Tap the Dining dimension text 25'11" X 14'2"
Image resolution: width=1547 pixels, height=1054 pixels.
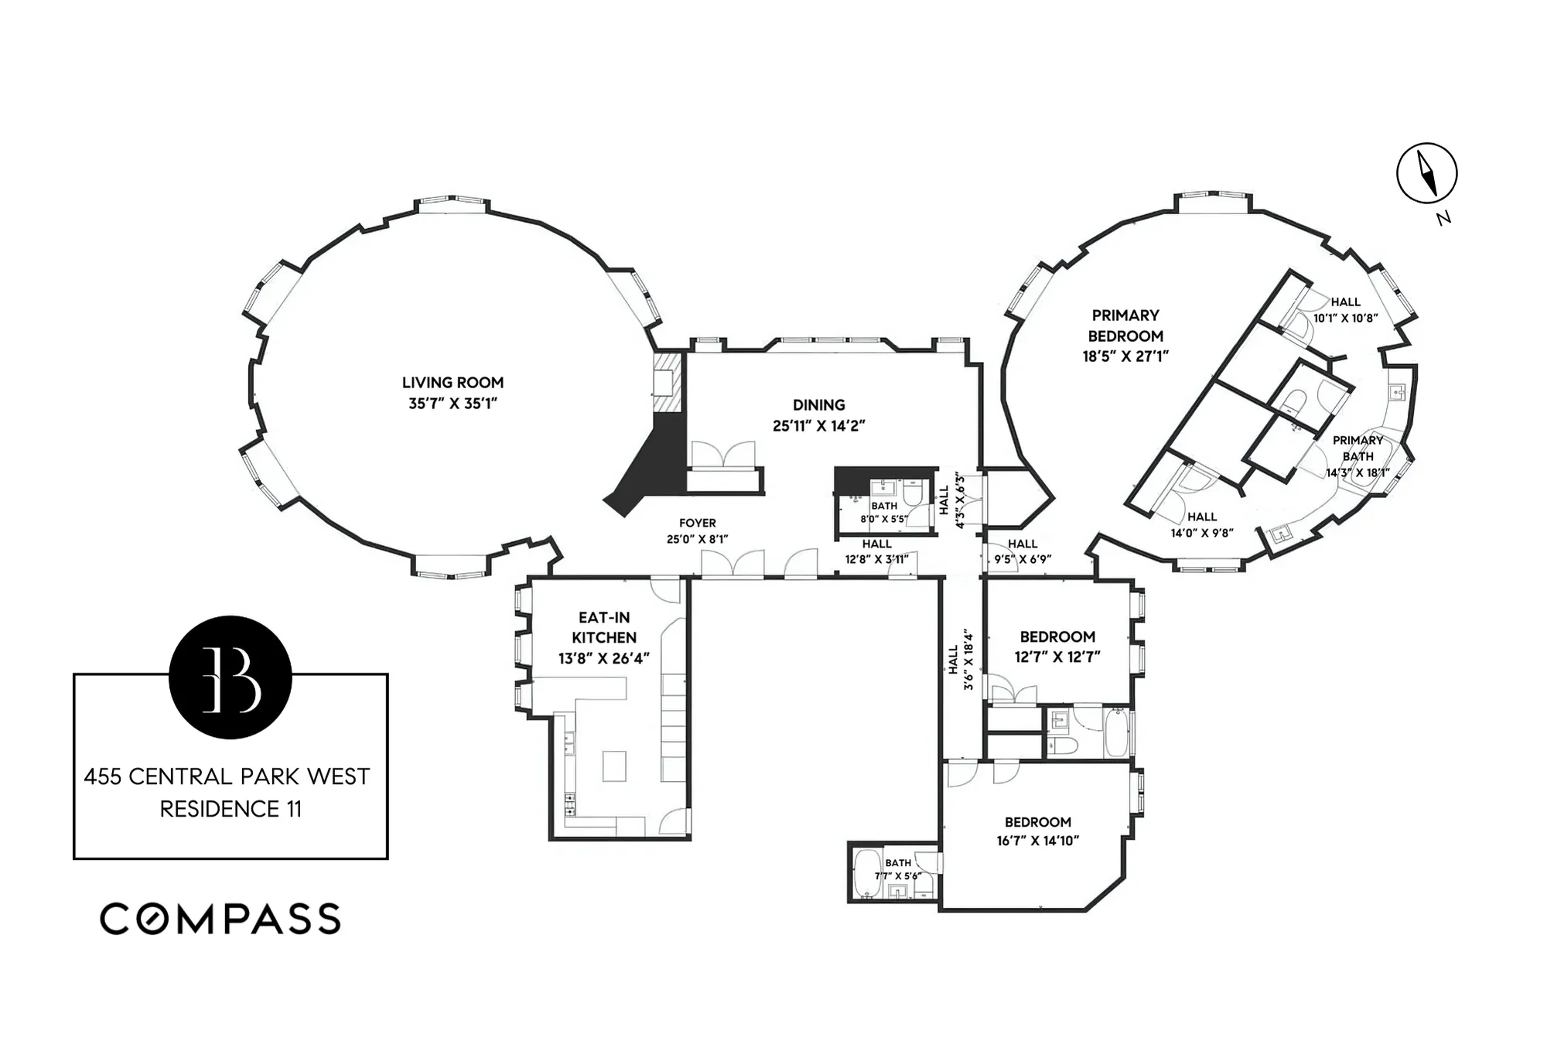pos(818,425)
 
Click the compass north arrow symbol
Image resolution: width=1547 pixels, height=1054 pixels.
pos(1426,173)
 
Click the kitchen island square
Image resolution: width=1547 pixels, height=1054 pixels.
pos(613,766)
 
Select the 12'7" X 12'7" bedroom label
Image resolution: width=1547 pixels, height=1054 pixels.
pos(1057,646)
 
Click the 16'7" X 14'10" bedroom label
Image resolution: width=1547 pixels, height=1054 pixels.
pos(1037,831)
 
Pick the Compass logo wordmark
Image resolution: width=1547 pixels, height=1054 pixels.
pos(220,919)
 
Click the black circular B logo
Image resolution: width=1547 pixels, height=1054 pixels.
pos(231,677)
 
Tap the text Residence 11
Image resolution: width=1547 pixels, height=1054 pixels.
pos(231,809)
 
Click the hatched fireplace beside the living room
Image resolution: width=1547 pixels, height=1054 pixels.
pos(665,384)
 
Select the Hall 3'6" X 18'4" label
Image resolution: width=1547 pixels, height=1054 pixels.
pos(960,660)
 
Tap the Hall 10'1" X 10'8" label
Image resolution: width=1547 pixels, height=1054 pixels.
pos(1345,309)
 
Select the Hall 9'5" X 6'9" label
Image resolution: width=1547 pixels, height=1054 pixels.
pos(1022,551)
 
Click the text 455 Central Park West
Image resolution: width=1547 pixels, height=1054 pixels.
pos(227,776)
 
